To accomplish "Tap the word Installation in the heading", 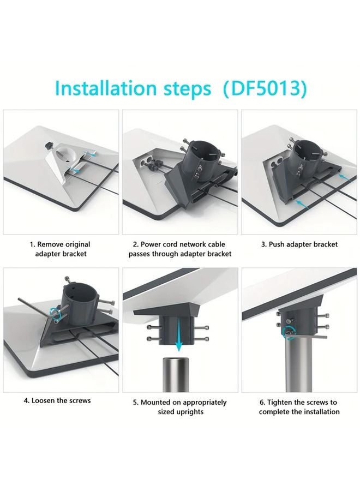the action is click(x=105, y=88).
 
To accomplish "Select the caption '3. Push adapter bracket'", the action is click(x=299, y=244).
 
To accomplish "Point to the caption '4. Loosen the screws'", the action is click(x=57, y=400).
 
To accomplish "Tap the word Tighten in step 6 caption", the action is click(x=280, y=403).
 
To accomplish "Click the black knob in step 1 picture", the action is click(x=49, y=145).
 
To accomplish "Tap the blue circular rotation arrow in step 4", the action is click(x=55, y=312).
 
